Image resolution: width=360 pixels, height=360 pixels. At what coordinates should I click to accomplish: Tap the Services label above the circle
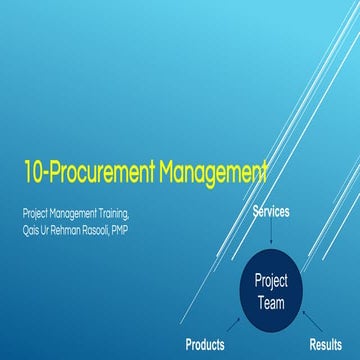(271, 212)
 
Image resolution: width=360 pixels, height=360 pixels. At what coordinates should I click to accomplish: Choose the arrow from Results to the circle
(310, 322)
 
